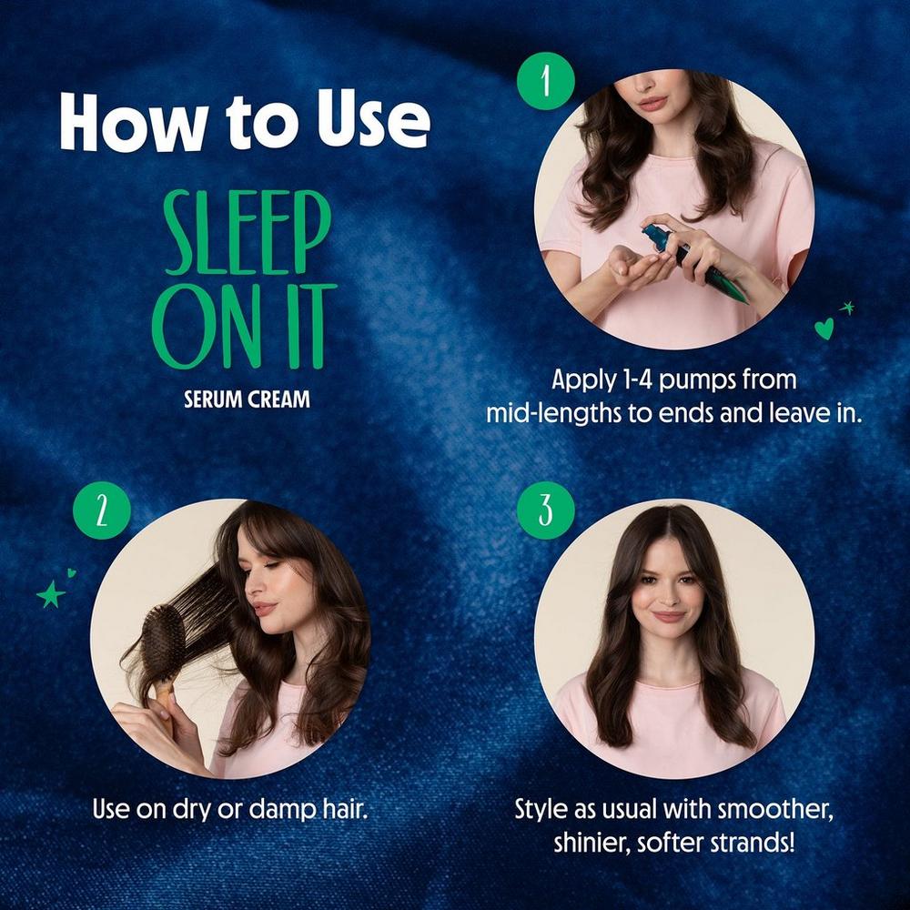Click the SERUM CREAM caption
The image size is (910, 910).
point(246,399)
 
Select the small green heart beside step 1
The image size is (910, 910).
point(824,329)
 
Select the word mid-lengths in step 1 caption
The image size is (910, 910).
point(544,412)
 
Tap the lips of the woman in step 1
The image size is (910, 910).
point(652,104)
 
